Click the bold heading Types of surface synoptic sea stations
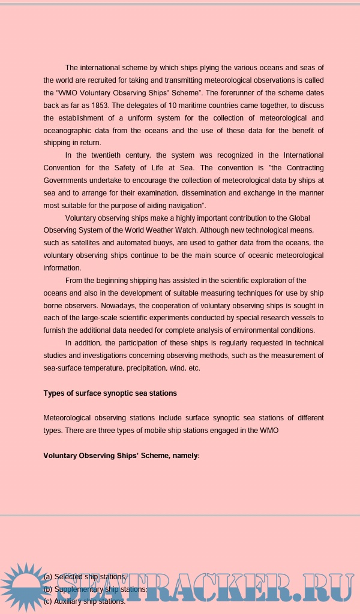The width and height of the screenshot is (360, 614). point(110,393)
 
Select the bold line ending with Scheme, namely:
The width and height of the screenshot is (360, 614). point(121,456)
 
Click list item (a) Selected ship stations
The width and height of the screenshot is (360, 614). point(85,576)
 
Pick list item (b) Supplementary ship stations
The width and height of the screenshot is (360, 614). point(95,589)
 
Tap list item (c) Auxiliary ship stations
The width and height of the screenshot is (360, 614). point(85,601)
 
